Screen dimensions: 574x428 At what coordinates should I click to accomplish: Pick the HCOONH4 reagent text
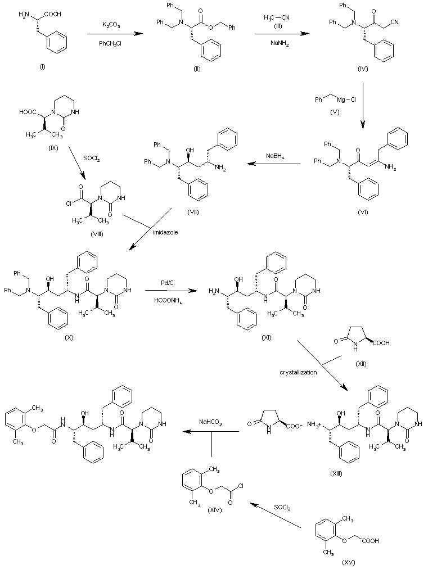[x=166, y=301]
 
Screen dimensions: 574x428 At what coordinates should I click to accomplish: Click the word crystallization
[x=298, y=372]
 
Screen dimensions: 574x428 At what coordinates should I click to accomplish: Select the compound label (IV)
[x=362, y=67]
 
